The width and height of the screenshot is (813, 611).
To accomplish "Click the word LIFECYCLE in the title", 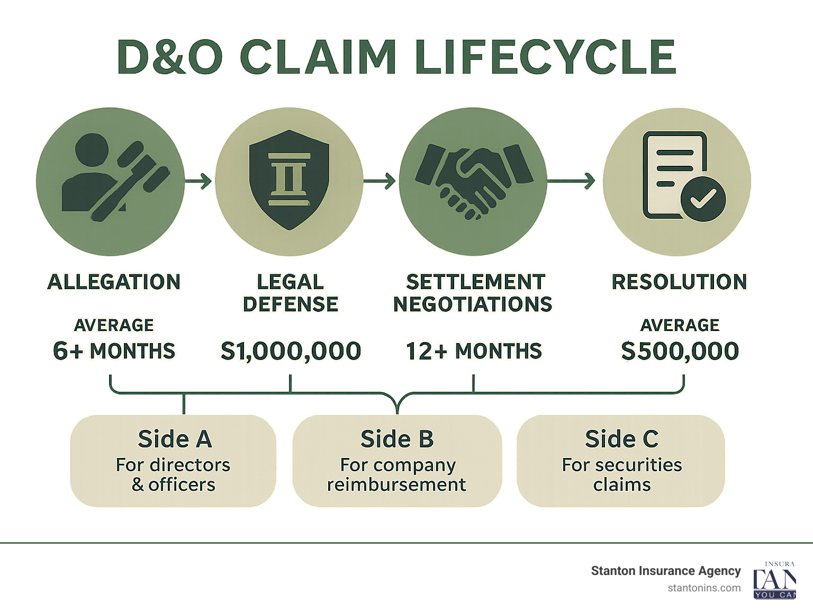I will click(545, 57).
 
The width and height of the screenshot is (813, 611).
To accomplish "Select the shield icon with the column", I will click(289, 180).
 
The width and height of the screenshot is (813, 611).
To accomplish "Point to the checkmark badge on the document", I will click(703, 199).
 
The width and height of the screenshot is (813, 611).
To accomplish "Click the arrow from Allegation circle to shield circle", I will click(199, 182).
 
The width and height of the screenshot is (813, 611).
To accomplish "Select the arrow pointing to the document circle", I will click(572, 181).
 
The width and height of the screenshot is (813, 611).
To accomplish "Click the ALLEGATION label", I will click(114, 282).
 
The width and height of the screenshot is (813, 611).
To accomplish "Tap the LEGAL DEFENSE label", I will click(290, 293).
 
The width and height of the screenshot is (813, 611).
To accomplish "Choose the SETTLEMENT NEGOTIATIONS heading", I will click(473, 293).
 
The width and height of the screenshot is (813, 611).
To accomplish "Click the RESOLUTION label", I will click(680, 282).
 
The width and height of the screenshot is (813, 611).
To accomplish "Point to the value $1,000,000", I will click(291, 351).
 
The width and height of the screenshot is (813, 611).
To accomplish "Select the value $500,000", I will click(680, 351).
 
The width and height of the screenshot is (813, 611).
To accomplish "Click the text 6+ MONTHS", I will click(114, 351).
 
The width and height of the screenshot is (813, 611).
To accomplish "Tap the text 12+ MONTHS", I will click(474, 351).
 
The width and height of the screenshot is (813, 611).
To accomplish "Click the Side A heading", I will click(175, 439).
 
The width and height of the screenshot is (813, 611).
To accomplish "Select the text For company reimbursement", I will click(397, 474).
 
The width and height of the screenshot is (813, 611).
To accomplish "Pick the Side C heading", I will click(621, 439).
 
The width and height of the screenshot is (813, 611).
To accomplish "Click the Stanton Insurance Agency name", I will click(665, 571).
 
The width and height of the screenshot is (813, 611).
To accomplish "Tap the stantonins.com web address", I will click(704, 588).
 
